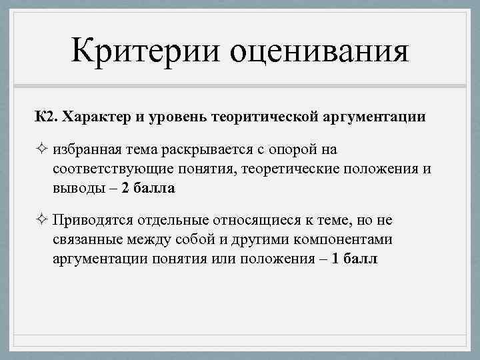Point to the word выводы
pyautogui.click(x=75, y=188)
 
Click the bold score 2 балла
pyautogui.click(x=148, y=188)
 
